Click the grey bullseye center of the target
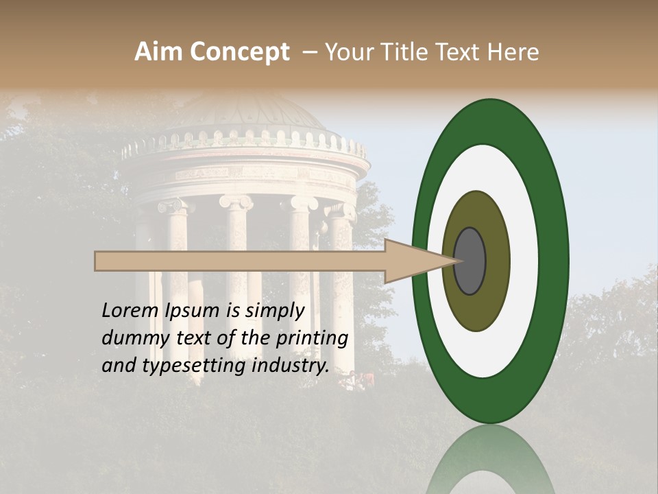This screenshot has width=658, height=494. (x=470, y=261)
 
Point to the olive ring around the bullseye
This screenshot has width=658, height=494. (x=476, y=309)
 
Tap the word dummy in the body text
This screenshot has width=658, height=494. (x=134, y=338)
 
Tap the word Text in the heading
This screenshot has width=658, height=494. (x=461, y=52)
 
